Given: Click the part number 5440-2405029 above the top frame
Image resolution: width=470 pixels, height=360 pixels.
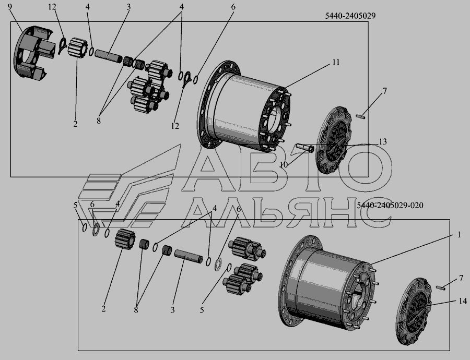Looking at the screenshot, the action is pyautogui.click(x=350, y=16).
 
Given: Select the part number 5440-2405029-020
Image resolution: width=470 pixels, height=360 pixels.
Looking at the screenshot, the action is pyautogui.click(x=390, y=206).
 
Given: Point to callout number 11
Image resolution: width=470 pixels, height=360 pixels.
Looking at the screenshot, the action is pyautogui.click(x=336, y=62).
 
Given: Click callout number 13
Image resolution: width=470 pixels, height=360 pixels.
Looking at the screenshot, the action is pyautogui.click(x=383, y=142).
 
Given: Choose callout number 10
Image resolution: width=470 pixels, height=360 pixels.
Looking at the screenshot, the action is pyautogui.click(x=284, y=164).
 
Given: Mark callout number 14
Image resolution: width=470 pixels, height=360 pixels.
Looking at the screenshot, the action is pyautogui.click(x=463, y=301).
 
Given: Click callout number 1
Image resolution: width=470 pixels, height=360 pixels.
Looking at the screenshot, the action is pyautogui.click(x=459, y=235).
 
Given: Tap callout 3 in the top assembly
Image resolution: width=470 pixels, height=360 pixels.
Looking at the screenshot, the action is pyautogui.click(x=128, y=7).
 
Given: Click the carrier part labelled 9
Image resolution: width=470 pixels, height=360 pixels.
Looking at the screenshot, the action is pyautogui.click(x=33, y=53).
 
